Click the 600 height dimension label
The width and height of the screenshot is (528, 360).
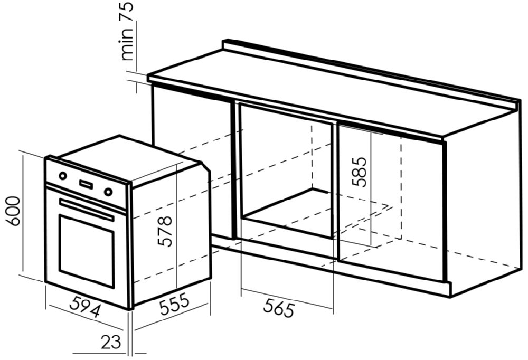tap(14, 211)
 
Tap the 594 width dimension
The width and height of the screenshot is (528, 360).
tap(85, 306)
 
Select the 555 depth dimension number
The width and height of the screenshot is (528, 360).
tap(174, 305)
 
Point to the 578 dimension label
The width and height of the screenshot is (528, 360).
tap(165, 231)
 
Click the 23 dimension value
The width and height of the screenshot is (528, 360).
tap(111, 342)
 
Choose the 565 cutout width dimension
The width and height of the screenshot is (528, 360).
tap(279, 308)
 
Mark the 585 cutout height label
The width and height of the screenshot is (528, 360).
tap(359, 172)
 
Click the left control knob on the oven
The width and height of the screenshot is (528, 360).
tap(63, 176)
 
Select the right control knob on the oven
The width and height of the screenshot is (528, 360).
tap(108, 192)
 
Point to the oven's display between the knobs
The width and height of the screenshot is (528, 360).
tap(86, 184)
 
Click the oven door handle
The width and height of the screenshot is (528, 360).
tap(87, 209)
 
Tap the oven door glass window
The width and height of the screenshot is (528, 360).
tap(87, 251)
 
